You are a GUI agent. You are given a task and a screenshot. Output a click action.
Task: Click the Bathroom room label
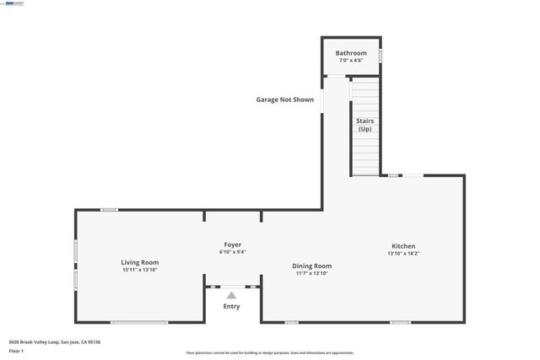pyautogui.click(x=351, y=53)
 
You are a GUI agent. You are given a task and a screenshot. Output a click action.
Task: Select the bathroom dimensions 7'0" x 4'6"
pyautogui.click(x=351, y=61)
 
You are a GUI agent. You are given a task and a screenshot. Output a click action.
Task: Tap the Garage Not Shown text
pyautogui.click(x=284, y=99)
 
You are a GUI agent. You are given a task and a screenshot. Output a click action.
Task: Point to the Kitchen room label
pyautogui.click(x=402, y=246)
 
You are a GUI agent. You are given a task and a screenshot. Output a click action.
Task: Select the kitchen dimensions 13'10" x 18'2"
pyautogui.click(x=402, y=254)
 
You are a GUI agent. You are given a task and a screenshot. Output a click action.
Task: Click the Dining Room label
pyautogui.click(x=313, y=266)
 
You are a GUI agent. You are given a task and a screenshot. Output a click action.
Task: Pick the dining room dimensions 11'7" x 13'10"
pyautogui.click(x=313, y=273)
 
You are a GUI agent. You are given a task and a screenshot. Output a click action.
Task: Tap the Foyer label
pyautogui.click(x=232, y=244)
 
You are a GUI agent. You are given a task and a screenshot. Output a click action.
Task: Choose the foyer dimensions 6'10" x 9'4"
pyautogui.click(x=232, y=251)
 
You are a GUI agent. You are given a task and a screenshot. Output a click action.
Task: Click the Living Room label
pyautogui.click(x=139, y=262)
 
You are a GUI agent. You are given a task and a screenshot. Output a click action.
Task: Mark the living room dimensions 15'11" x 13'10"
pyautogui.click(x=139, y=270)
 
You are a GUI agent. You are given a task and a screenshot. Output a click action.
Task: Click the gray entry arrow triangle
pyautogui.click(x=231, y=296)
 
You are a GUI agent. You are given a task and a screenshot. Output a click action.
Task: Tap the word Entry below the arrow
pyautogui.click(x=231, y=307)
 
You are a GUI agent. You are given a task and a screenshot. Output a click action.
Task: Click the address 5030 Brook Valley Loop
pyautogui.click(x=55, y=341)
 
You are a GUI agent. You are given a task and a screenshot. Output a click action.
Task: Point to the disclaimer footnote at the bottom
pyautogui.click(x=269, y=353)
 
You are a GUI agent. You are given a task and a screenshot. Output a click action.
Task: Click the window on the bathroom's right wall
pyautogui.click(x=380, y=56)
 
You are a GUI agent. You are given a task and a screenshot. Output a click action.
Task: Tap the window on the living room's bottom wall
pyautogui.click(x=139, y=322)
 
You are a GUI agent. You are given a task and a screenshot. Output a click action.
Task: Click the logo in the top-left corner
pyautogui.click(x=14, y=3)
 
